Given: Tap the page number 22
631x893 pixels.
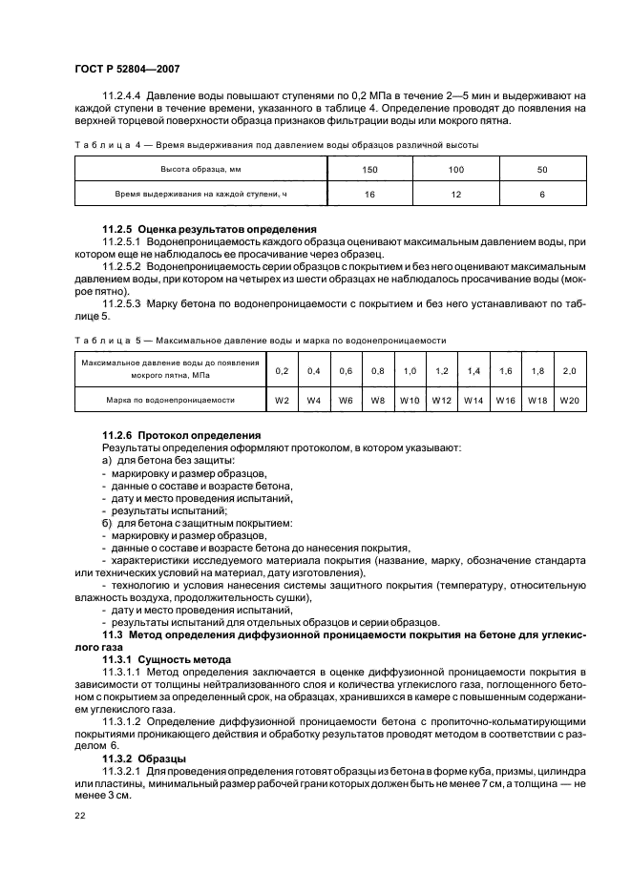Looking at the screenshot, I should tap(79, 817).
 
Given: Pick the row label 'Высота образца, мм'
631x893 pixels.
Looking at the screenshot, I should tap(187, 169).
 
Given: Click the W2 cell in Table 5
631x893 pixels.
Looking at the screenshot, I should tap(282, 400).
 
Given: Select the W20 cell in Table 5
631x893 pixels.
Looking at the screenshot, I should tap(570, 400).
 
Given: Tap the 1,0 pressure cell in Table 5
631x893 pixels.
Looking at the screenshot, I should tap(410, 370).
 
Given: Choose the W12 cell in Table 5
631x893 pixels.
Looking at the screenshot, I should tap(442, 400).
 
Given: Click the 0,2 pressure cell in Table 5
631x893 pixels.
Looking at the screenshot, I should tap(282, 370).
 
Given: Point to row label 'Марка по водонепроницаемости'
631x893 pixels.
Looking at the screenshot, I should tap(171, 400).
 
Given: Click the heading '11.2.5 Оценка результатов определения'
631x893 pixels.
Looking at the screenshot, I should tap(208, 230).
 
